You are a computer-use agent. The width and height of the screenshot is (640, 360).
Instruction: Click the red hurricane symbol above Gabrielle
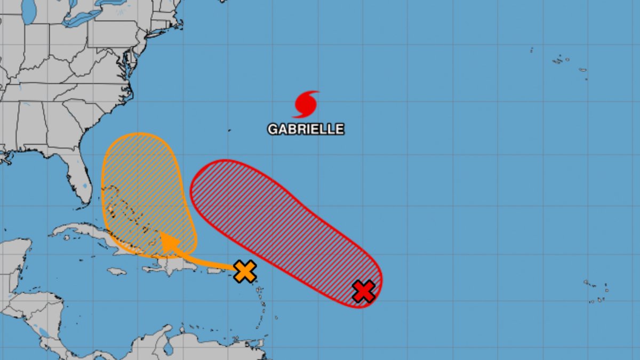(x=306, y=104)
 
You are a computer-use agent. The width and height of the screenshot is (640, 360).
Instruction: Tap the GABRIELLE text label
(x=306, y=129)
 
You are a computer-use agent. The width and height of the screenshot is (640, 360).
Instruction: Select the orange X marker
(x=245, y=271)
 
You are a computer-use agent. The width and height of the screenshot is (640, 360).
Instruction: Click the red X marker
(x=364, y=291)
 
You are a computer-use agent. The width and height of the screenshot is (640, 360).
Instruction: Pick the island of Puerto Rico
(x=214, y=271)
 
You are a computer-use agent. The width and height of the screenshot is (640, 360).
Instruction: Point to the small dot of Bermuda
(x=229, y=130)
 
